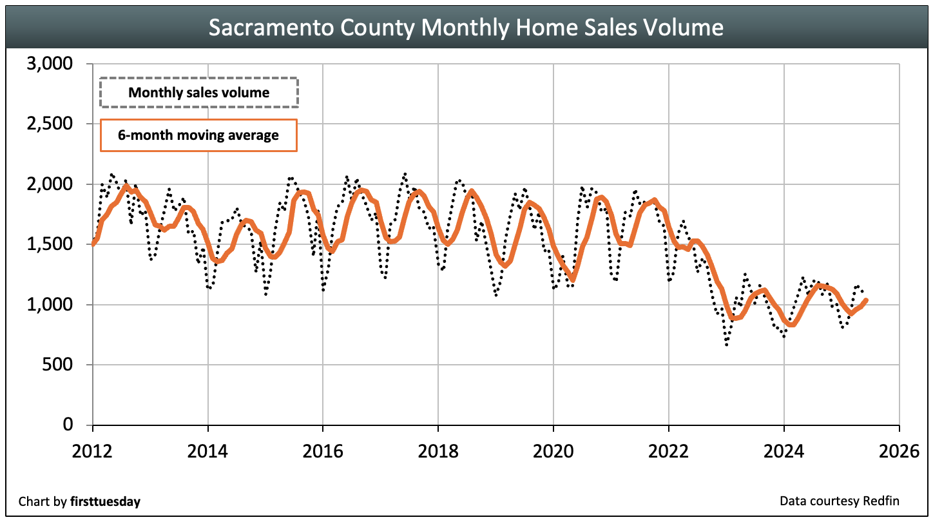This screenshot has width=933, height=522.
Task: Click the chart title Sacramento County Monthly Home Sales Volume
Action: pyautogui.click(x=466, y=27)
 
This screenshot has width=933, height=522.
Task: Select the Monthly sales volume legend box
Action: pyautogui.click(x=199, y=92)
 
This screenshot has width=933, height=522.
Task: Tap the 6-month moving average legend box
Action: pyautogui.click(x=198, y=135)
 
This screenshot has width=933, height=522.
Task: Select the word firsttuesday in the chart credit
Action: pyautogui.click(x=105, y=501)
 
